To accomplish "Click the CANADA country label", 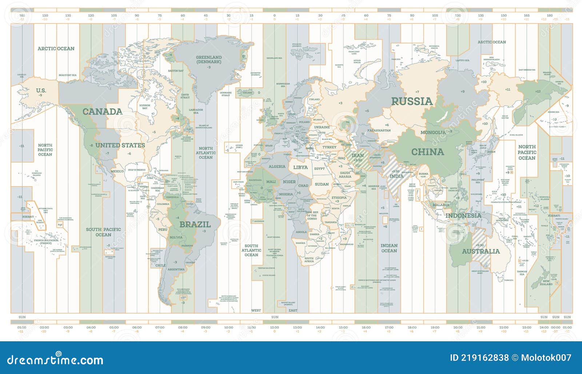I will tap(102, 112).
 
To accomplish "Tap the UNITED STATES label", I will tap(120, 145).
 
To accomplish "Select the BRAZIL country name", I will tap(195, 224).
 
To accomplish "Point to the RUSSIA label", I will tap(412, 101).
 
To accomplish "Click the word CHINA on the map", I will tap(427, 152).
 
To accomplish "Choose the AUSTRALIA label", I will tap(481, 251).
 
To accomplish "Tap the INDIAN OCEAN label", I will tap(389, 248).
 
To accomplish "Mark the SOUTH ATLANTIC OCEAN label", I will tap(251, 250).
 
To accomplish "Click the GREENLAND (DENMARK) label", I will tap(209, 59).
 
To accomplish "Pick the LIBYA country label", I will tap(300, 168).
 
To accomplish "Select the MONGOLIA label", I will tap(433, 133).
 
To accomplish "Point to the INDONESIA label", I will tap(463, 216).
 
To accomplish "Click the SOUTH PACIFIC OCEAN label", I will tap(103, 232).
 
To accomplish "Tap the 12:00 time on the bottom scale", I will tap(274, 327).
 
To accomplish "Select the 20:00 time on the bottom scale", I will tap(458, 327).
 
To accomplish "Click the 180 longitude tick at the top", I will tap(550, 16).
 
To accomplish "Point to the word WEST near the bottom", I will tap(256, 310).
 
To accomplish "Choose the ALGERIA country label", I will tap(277, 166).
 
